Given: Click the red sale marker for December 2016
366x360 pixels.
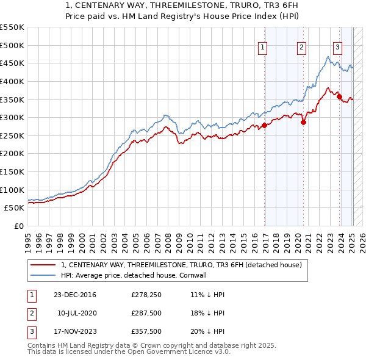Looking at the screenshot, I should click(264, 126).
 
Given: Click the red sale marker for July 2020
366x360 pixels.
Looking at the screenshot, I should click(303, 122).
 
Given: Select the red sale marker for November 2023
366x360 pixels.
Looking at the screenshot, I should click(339, 96).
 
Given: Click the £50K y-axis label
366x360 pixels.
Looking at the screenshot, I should click(14, 208).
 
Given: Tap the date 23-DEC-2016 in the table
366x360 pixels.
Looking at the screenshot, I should click(75, 295).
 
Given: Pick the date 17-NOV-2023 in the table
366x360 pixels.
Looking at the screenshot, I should click(75, 331).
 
